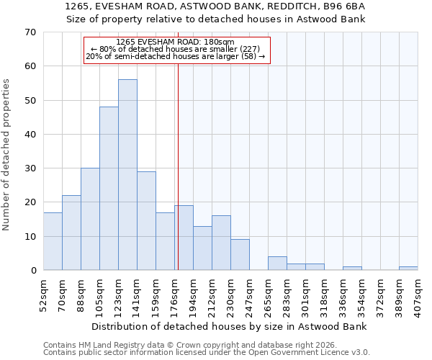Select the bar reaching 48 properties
coord(109,189)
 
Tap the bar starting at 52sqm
coord(53,241)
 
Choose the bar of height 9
coord(240,255)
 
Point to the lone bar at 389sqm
coord(408,269)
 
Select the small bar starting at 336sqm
coord(352,269)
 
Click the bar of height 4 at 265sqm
coord(277,264)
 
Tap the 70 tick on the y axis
coord(30,32)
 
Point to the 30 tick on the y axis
coord(30,168)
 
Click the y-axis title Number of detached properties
coord(7,155)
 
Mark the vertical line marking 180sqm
coord(177,166)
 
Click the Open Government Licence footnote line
coord(207,353)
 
